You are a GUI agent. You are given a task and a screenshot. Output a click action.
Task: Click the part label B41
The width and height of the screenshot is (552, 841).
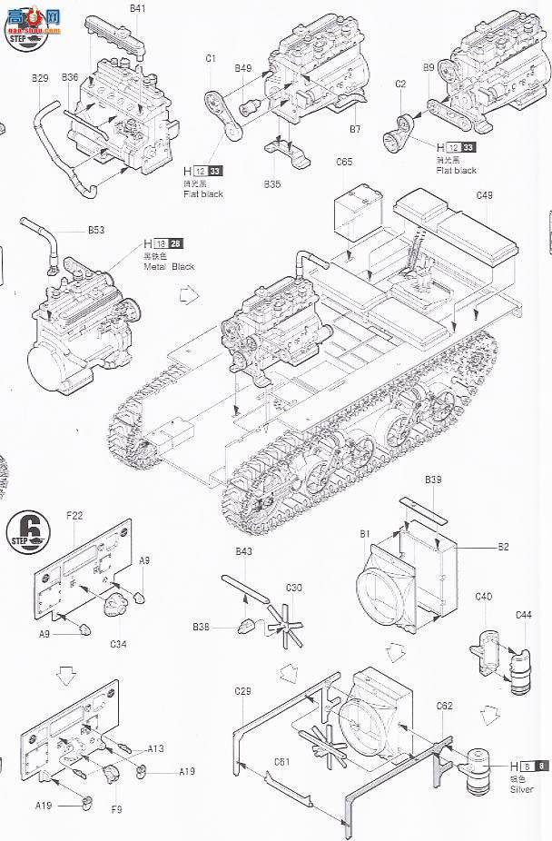coord(137,8)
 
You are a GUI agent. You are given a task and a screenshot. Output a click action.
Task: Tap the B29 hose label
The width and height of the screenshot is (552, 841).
coord(40,78)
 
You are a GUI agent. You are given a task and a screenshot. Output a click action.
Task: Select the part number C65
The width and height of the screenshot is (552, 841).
coord(344,163)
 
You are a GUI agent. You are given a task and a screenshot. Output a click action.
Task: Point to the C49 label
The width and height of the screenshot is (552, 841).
coord(484,194)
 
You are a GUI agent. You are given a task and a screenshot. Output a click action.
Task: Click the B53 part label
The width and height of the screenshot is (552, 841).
coord(96,231)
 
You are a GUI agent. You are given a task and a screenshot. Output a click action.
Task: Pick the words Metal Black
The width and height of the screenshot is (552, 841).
coord(170,267)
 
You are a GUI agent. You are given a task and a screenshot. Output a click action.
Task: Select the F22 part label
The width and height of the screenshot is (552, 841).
coord(75,515)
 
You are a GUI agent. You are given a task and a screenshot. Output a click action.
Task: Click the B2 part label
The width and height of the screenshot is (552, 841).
coord(503,546)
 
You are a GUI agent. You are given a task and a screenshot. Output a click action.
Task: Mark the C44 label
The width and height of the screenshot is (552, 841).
coord(524,615)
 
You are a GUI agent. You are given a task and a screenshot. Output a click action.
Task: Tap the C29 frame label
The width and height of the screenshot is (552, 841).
coord(242,692)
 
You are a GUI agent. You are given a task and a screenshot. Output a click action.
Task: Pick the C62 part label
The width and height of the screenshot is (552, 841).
coord(444,704)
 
